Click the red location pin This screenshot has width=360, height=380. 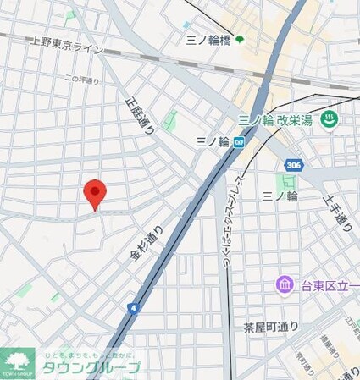[95, 193]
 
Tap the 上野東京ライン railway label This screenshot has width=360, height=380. [67, 45]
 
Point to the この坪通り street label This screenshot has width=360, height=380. [80, 80]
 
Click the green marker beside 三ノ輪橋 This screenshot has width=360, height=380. [240, 39]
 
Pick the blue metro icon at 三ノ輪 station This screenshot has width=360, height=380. [240, 141]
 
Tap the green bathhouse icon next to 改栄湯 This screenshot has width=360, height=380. [330, 120]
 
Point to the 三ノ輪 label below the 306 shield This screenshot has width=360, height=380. [280, 196]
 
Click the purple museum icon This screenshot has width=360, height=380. [284, 284]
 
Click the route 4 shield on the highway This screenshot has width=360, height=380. [134, 308]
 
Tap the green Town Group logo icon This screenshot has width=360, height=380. [18, 362]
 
